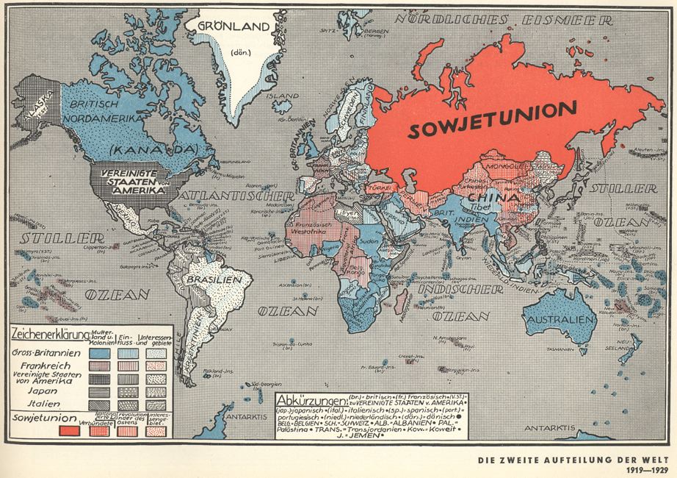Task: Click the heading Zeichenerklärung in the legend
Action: (46, 333)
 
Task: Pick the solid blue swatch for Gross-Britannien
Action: (98, 353)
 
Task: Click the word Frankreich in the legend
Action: (46, 365)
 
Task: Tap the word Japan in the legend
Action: (46, 392)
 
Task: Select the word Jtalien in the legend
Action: (46, 404)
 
